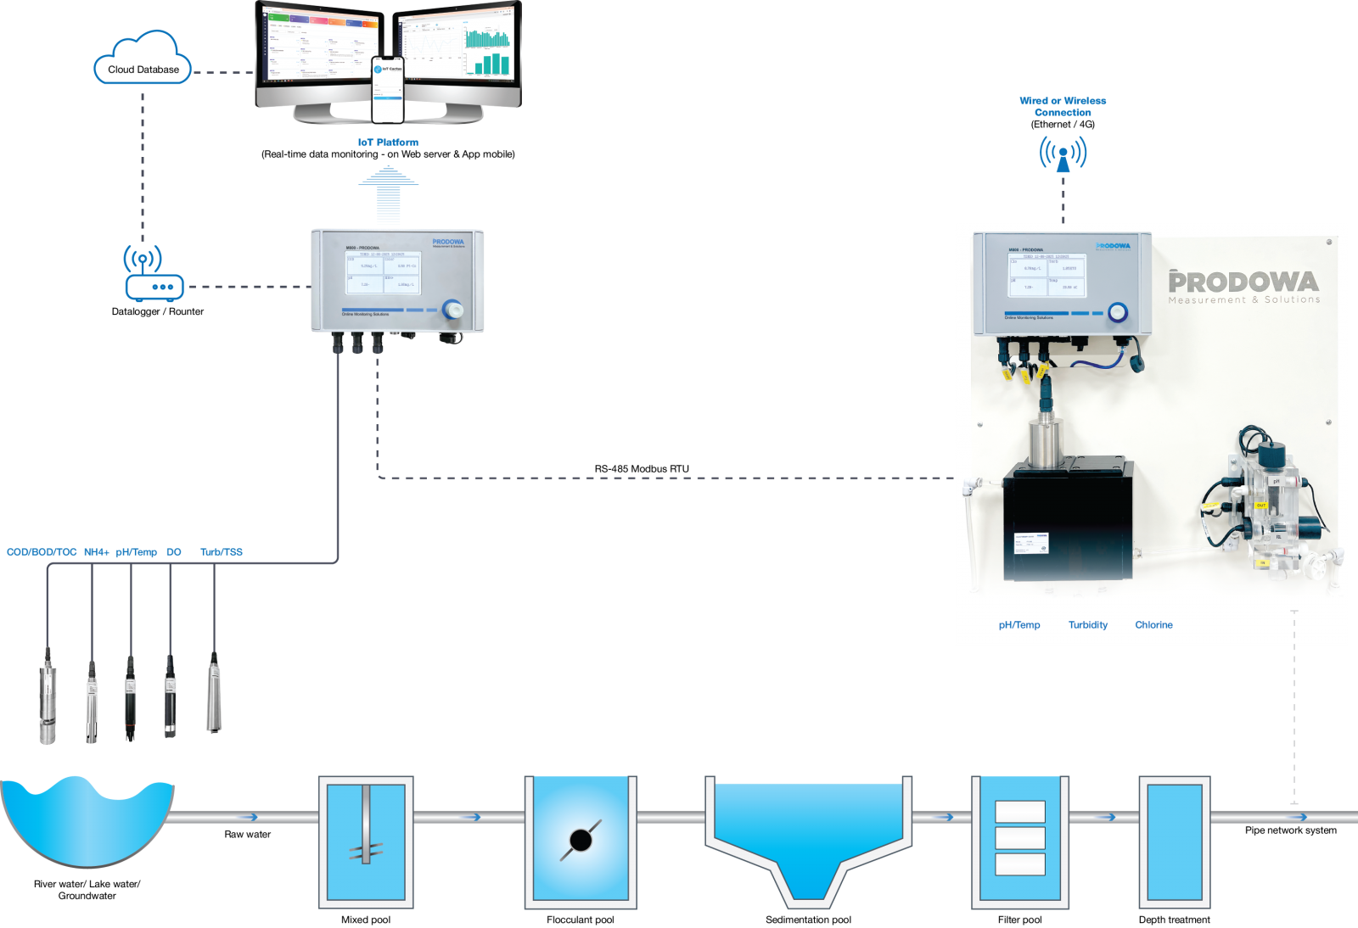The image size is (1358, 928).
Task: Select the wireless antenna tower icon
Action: coord(1063,156)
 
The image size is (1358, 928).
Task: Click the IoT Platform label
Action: coord(388,143)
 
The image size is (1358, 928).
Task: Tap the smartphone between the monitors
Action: coord(388,88)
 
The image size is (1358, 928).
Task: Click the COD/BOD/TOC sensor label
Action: coord(42,552)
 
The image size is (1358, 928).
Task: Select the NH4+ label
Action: coord(96,552)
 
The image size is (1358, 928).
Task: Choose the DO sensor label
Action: coord(173,552)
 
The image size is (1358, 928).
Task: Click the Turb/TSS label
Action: coord(222,552)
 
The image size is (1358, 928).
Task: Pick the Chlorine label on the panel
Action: coord(1153,625)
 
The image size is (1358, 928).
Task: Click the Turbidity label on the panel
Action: coord(1087,625)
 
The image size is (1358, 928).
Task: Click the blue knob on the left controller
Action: coord(453,310)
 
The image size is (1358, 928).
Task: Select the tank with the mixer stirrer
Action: coord(366,841)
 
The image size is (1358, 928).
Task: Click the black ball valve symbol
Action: coord(581,840)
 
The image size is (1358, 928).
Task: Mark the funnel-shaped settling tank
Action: coord(808,836)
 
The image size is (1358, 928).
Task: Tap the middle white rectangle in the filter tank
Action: coord(1019,838)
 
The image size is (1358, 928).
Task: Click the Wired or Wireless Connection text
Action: coord(1063,106)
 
